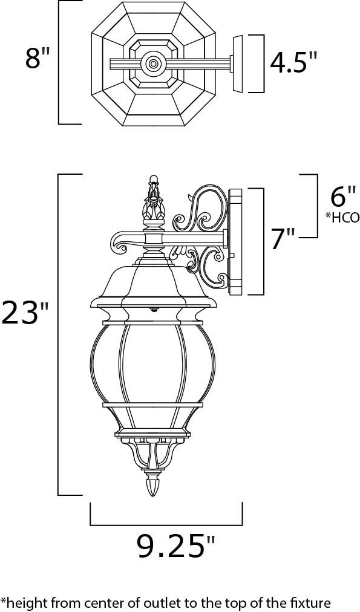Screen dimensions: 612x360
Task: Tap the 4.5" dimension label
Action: point(293,62)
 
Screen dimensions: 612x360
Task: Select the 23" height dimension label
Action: point(25,313)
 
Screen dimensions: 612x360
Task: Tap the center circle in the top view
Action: point(152,62)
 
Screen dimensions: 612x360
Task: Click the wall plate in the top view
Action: point(238,63)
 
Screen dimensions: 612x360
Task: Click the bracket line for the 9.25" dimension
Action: point(166,524)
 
